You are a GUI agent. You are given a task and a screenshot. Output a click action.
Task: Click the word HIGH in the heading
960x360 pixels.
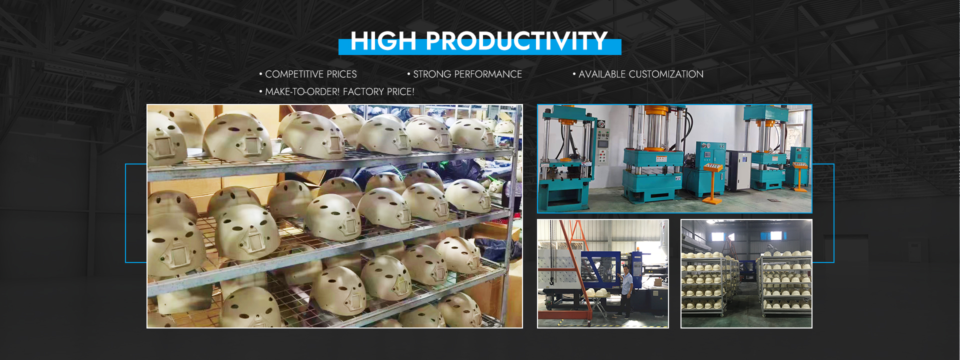[383, 41]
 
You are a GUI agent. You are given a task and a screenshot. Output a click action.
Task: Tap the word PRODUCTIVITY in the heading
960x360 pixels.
[516, 41]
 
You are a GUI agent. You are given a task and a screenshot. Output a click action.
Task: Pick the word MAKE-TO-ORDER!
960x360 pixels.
[302, 92]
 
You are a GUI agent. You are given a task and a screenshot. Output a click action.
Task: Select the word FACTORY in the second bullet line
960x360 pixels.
[363, 92]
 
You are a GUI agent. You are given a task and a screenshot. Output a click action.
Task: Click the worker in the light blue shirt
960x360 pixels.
[626, 293]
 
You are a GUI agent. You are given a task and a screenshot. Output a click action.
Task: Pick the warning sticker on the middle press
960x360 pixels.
[661, 159]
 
